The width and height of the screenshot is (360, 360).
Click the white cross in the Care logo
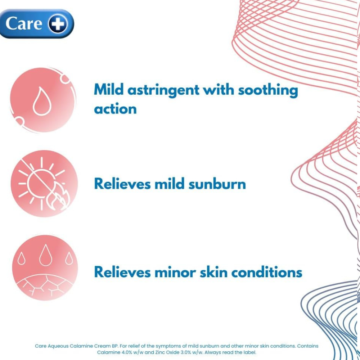[x=58, y=24]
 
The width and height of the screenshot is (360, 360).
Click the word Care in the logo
[x=24, y=23]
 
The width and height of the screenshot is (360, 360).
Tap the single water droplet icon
[x=42, y=101]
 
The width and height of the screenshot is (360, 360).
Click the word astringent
[x=163, y=90]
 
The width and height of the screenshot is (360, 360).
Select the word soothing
[x=268, y=90]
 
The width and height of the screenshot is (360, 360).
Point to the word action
[x=115, y=109]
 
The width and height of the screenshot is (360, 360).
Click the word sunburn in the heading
[x=217, y=184]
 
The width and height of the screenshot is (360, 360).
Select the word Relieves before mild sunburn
[x=122, y=184]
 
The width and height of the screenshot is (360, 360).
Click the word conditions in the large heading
[x=266, y=272]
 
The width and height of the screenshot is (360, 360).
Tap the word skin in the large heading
[x=213, y=272]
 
